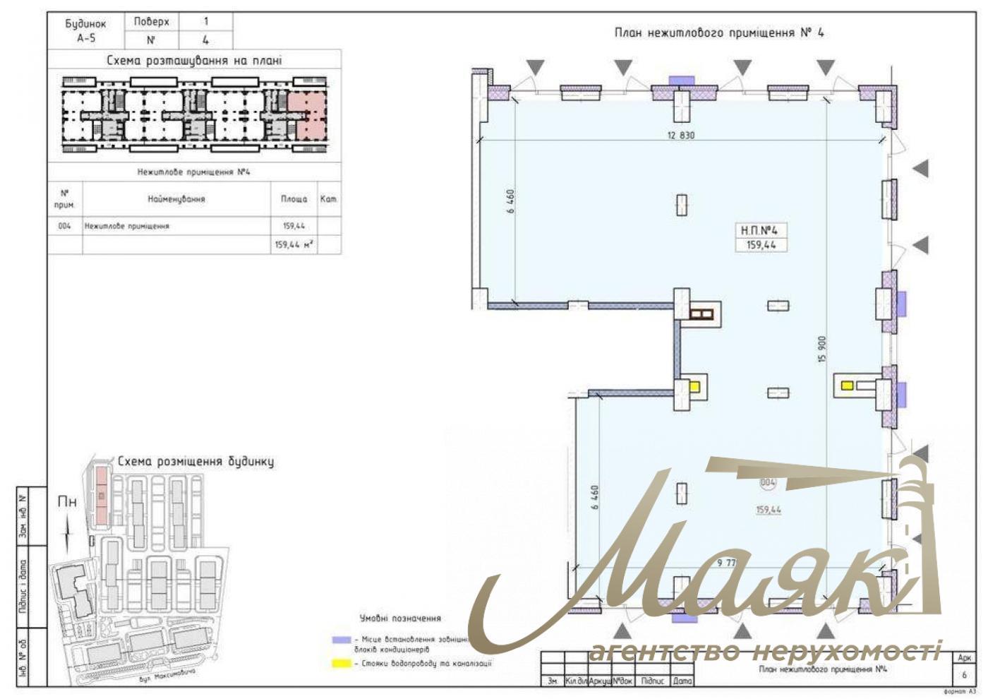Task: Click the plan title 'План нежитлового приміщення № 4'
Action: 718,32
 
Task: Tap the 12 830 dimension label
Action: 680,135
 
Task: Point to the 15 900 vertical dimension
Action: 821,349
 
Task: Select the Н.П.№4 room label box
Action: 760,237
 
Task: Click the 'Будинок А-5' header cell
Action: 85,31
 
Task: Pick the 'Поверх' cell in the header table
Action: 151,22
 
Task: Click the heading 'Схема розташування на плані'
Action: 194,61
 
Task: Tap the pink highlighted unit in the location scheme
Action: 308,115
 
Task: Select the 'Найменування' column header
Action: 176,199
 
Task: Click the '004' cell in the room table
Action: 65,227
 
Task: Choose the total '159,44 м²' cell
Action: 294,244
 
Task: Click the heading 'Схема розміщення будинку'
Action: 195,462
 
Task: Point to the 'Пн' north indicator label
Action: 67,502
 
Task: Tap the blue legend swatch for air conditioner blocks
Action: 342,640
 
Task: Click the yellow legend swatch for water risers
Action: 342,664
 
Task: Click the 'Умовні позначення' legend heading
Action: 400,619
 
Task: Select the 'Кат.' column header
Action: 328,199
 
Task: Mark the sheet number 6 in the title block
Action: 964,675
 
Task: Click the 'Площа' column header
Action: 294,199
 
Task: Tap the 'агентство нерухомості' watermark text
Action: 765,651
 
